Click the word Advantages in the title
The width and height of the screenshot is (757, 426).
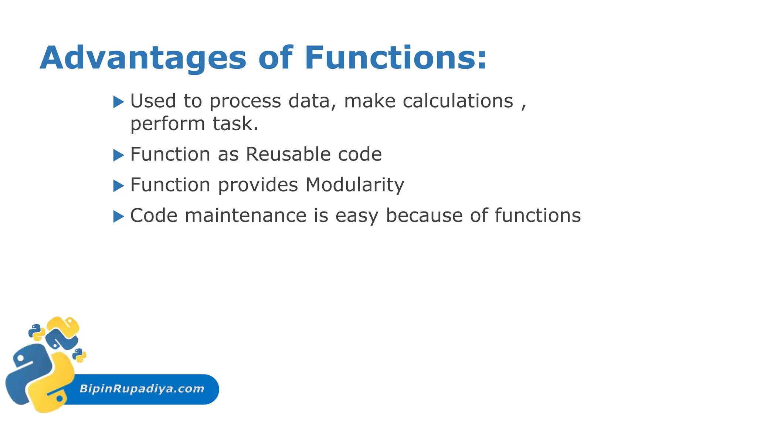tap(143, 58)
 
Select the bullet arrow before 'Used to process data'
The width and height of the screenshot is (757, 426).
tap(118, 102)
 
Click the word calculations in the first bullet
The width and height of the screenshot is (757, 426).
tap(458, 101)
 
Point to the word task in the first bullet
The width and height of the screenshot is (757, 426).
tap(235, 124)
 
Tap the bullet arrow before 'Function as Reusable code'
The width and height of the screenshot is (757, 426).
tap(118, 155)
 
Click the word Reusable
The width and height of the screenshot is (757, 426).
tap(288, 154)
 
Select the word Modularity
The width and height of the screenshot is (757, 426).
tap(355, 185)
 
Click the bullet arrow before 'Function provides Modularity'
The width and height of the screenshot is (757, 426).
tap(118, 186)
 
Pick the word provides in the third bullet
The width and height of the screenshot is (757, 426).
tap(258, 185)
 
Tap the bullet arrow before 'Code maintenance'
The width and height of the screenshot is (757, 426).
tap(118, 216)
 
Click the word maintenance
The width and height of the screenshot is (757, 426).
tap(245, 216)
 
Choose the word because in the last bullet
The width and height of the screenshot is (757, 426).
tap(424, 216)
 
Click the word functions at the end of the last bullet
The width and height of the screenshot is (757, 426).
tap(537, 216)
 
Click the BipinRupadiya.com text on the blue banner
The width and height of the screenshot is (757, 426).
tap(142, 389)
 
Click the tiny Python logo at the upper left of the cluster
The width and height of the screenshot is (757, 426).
tap(37, 332)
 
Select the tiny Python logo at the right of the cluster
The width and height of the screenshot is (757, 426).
tap(79, 355)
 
